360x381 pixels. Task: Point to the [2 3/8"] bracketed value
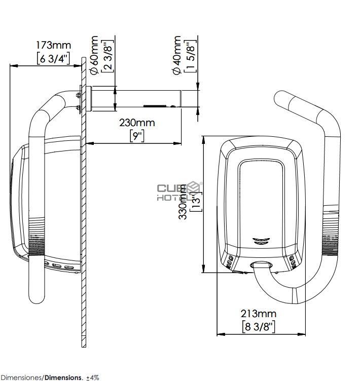[107, 54]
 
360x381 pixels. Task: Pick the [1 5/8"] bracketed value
[190, 54]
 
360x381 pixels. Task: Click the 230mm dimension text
[137, 122]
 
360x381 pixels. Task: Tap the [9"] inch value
[137, 136]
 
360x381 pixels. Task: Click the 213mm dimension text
[259, 314]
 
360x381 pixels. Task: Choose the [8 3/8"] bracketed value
[259, 327]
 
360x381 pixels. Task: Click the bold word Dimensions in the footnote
[63, 377]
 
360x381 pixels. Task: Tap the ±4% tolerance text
[92, 377]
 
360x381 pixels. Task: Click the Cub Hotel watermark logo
[178, 192]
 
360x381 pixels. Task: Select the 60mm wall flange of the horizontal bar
[89, 99]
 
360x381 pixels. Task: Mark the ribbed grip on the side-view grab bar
[35, 238]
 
